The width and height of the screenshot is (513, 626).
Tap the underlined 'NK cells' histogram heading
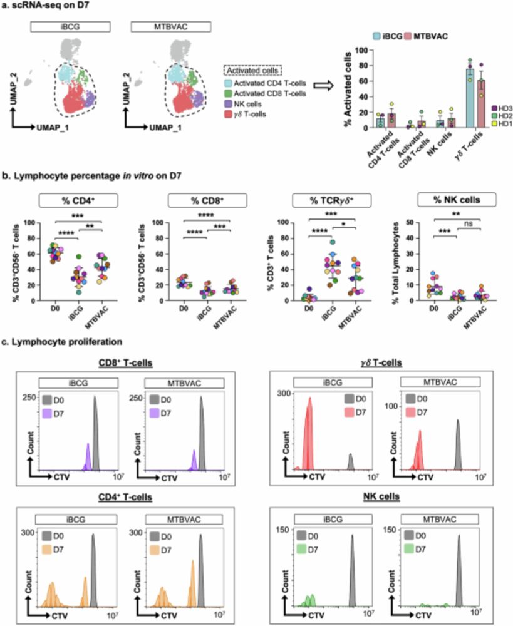click(x=381, y=496)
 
